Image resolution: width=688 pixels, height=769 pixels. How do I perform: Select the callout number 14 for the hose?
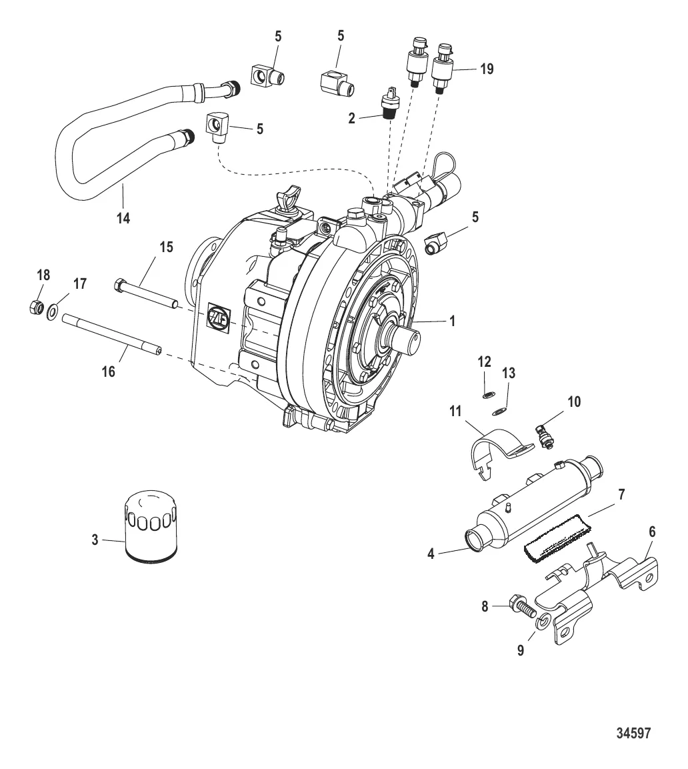[123, 217]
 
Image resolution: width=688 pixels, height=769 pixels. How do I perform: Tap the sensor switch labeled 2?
[387, 105]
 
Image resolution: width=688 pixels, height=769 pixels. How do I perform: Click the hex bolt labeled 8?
[521, 608]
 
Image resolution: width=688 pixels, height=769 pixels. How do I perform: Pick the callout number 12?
[484, 362]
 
